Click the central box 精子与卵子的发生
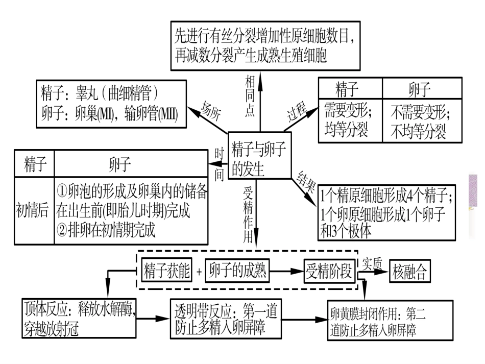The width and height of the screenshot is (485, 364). tap(259, 156)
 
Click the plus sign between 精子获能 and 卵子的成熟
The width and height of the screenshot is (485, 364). tap(199, 272)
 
